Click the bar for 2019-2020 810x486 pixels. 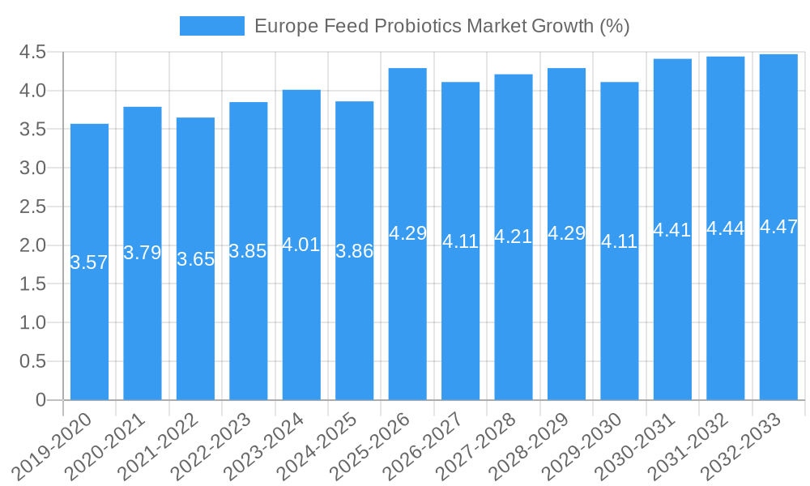pos(89,262)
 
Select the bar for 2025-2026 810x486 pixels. pos(407,234)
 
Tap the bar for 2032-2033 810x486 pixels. pos(778,227)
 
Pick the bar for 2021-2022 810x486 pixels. pos(195,258)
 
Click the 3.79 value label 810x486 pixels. pos(143,253)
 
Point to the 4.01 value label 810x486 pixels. pos(301,245)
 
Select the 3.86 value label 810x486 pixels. pos(355,251)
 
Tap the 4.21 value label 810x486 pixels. pos(514,237)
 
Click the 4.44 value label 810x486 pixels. pos(726,228)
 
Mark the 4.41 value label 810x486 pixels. pos(672,230)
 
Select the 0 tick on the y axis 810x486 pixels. pos(41,400)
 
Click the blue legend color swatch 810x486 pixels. pos(211,26)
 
